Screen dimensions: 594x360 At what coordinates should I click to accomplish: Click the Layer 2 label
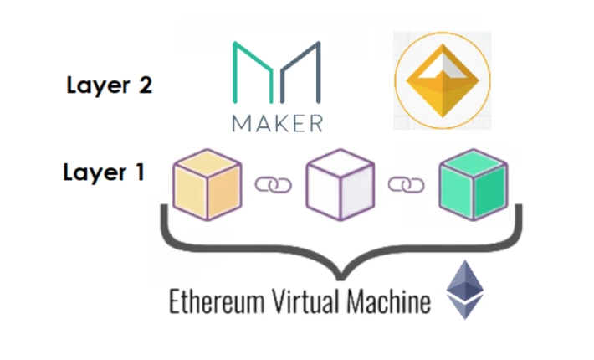click(109, 85)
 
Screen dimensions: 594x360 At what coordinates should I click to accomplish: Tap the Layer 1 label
click(105, 172)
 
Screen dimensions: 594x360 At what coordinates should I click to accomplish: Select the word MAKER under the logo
click(277, 124)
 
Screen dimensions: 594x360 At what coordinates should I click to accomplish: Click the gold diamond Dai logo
click(443, 80)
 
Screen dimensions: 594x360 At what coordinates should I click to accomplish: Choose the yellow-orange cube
click(207, 185)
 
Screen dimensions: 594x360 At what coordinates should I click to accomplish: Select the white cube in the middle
click(341, 185)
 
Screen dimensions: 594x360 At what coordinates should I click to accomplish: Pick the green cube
click(474, 185)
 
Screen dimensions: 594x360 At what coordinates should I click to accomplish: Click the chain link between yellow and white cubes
click(273, 185)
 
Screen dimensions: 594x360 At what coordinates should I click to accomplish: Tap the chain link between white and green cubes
click(406, 185)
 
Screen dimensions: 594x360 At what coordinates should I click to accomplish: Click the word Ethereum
click(217, 301)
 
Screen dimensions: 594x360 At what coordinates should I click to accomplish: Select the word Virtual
click(305, 301)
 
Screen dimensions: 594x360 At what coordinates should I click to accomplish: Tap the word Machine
click(389, 301)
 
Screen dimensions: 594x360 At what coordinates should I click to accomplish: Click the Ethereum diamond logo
click(465, 290)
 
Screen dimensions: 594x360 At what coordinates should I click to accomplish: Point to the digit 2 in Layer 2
click(146, 85)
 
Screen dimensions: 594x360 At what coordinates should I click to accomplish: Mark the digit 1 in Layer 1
click(141, 172)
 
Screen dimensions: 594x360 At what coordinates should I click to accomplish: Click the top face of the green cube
click(474, 163)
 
